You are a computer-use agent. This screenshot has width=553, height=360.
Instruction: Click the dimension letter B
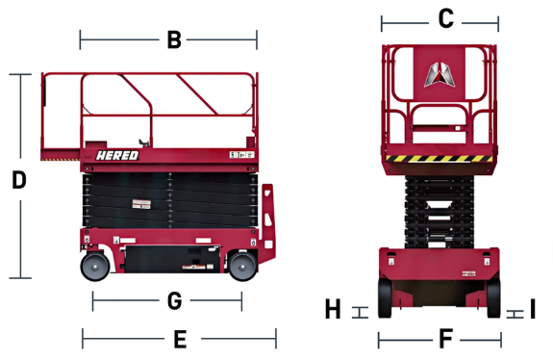174,39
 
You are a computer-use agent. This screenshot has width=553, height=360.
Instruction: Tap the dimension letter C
446,18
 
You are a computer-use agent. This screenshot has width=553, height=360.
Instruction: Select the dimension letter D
19,180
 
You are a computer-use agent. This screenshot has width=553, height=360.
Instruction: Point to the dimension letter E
180,340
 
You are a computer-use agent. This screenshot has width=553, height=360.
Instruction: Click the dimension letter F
446,339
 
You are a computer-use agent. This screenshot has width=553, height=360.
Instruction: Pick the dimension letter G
175,301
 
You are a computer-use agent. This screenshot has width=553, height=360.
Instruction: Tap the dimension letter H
333,309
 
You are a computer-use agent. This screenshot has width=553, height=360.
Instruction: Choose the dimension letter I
533,309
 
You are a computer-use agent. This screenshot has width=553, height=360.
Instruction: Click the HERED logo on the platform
117,155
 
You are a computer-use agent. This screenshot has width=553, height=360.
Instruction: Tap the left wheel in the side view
95,267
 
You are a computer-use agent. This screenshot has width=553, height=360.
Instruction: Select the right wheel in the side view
242,267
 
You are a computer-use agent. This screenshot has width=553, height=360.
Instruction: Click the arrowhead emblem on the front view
440,74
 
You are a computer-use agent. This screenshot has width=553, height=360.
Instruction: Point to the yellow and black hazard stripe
440,159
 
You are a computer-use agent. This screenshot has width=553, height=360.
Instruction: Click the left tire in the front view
385,297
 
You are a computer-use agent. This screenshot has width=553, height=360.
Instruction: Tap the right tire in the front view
493,297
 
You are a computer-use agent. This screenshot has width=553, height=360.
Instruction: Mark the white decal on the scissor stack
141,204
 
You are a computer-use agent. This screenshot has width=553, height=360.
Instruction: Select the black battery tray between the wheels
172,259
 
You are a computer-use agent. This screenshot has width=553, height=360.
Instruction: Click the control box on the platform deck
96,145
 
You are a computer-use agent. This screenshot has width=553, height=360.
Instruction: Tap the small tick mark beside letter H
360,313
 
